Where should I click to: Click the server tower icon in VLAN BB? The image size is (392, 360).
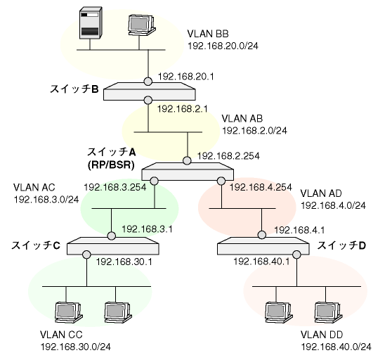pos(91,23)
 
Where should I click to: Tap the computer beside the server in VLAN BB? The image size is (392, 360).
pos(141,25)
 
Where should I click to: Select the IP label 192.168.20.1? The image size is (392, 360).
pos(185,77)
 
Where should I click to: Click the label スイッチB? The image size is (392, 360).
pos(74,89)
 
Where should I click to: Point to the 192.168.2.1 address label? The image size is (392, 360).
pos(182,109)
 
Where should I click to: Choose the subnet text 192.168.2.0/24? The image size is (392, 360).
pos(254,131)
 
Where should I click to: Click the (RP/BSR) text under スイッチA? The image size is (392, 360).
pos(111,165)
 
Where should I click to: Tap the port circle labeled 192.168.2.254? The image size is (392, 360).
pos(187,160)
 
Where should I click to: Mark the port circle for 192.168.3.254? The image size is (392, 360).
pos(155,181)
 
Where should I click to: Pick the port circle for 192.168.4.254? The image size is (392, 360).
pos(221,181)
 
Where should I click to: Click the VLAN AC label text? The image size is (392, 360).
pos(34,187)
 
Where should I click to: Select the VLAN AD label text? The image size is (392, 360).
pos(321,193)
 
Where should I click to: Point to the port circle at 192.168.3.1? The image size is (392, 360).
pos(112,236)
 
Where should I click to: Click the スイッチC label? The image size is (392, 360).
pos(36,245)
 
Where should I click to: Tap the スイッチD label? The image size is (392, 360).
pos(341,245)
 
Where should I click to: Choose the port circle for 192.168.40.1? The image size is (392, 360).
pos(296,255)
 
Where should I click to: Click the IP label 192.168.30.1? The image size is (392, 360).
pos(124,262)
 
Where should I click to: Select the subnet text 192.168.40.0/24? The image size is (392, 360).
pos(336,347)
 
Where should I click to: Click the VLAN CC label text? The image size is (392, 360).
pos(61,335)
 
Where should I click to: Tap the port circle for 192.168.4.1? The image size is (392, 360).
pos(262,235)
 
